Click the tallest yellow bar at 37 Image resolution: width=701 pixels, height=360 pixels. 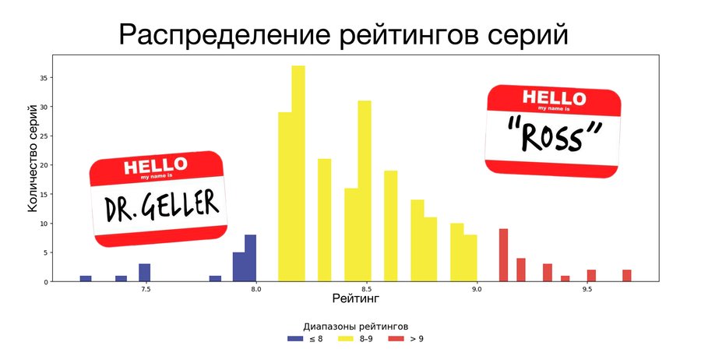coord(298,174)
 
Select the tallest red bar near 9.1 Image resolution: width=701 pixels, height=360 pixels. coord(503,256)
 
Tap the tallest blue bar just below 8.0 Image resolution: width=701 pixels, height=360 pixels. coord(250,259)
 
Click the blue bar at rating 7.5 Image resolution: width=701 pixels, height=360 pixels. coord(144,273)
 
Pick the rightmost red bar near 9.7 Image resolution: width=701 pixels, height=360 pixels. coord(627,276)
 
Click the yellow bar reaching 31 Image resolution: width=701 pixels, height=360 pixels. coord(365,192)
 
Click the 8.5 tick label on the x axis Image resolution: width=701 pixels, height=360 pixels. coord(366,289)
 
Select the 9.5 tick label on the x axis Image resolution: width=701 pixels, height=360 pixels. coord(587,289)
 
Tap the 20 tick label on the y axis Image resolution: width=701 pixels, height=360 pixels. coord(44,165)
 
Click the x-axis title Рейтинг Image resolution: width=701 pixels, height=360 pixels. coord(355,298)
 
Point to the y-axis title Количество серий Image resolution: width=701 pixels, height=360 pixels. coord(32,158)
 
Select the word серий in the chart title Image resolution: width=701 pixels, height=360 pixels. coord(527,35)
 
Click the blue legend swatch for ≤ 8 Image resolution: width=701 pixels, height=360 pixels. coord(295,339)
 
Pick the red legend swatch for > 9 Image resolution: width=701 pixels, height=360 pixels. coord(396,339)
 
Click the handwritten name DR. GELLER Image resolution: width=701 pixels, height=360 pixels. coord(161,206)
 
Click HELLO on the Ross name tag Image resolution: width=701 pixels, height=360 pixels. coord(555,98)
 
